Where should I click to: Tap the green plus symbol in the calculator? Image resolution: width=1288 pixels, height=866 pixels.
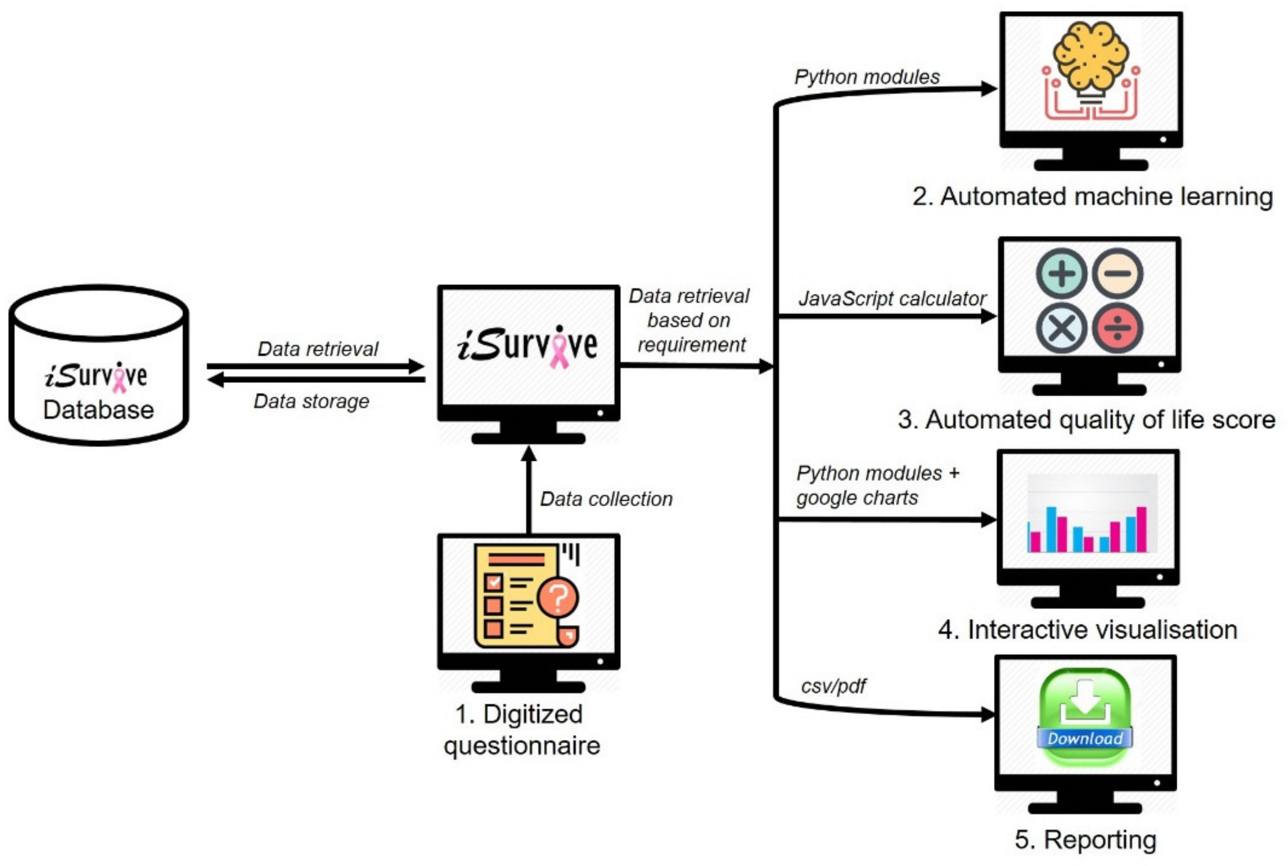point(1061,274)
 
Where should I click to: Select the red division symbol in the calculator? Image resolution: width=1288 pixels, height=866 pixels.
point(1118,327)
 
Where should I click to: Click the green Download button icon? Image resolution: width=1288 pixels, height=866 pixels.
point(1085,717)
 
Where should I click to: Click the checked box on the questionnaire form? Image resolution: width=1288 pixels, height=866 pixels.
point(493,583)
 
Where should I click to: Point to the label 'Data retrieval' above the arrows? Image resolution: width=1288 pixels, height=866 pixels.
point(318,349)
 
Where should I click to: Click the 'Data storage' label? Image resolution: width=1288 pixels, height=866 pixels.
point(311,402)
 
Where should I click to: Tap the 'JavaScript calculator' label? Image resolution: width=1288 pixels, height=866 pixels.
point(892,299)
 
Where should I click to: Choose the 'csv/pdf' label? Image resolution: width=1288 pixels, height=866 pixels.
point(833,686)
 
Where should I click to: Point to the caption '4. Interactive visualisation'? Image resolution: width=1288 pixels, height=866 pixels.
point(1088,630)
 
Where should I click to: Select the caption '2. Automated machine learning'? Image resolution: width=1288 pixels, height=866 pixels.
point(1092,197)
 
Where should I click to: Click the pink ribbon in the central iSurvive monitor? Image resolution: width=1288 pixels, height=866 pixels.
point(560,347)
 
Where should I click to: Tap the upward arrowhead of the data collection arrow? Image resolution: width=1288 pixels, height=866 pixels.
point(529,454)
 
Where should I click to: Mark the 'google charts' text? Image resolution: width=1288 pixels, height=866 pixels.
point(857,498)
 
